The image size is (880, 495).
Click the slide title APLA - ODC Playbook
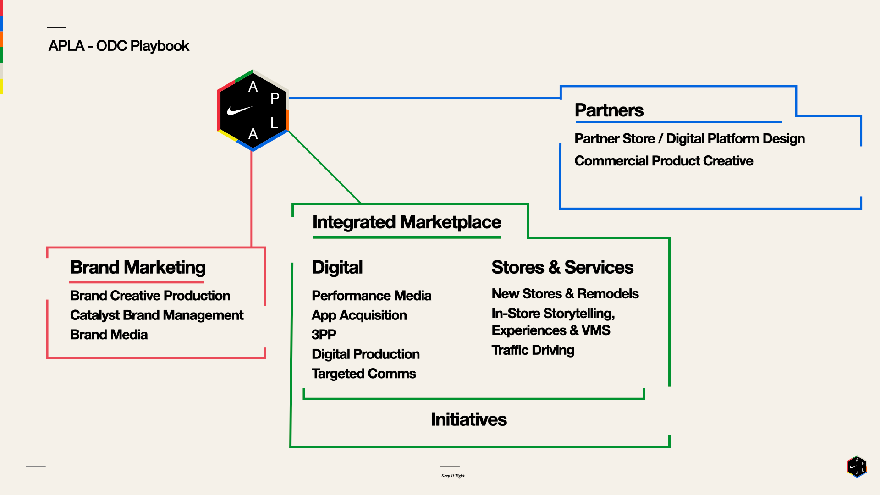click(119, 46)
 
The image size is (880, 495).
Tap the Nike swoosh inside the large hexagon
click(239, 110)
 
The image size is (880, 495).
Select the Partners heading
click(609, 110)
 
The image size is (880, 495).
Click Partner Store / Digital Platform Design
click(689, 139)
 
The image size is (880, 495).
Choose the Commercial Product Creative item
click(664, 161)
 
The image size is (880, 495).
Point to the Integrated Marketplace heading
click(407, 222)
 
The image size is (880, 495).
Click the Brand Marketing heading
click(137, 268)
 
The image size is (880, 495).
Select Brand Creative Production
click(150, 296)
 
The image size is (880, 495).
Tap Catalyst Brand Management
click(156, 315)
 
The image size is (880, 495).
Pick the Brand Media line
click(109, 335)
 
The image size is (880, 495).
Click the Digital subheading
click(337, 268)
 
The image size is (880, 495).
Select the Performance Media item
click(371, 296)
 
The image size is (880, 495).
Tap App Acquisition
click(359, 315)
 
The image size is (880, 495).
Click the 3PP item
click(324, 335)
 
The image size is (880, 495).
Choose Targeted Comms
click(363, 374)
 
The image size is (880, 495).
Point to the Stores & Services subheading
click(562, 267)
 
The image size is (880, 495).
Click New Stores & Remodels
click(565, 294)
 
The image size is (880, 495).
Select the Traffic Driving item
click(533, 350)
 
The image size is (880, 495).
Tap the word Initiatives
click(468, 420)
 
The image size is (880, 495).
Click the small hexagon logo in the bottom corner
click(857, 467)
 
